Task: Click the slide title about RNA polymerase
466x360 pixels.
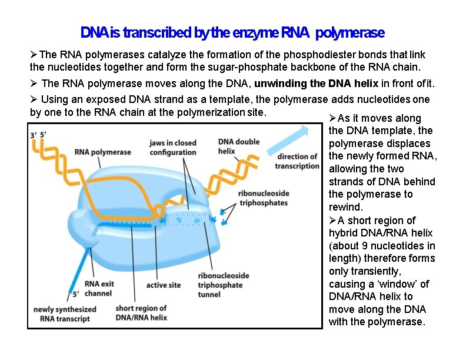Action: coord(232,32)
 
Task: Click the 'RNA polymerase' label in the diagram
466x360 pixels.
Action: coord(102,152)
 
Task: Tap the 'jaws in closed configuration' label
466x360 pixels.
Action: coord(172,148)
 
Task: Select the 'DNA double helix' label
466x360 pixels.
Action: coord(238,146)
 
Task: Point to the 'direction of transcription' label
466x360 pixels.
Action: coord(297,161)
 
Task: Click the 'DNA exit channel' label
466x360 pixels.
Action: coord(98,289)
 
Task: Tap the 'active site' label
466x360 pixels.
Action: coord(163,285)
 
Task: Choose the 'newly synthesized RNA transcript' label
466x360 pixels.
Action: coord(65,314)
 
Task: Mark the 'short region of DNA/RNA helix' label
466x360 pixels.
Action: coord(141,313)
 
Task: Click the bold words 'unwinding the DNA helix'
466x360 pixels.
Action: coord(306,84)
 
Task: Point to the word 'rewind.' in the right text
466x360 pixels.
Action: coord(347,207)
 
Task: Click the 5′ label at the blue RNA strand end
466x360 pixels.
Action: coord(75,294)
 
